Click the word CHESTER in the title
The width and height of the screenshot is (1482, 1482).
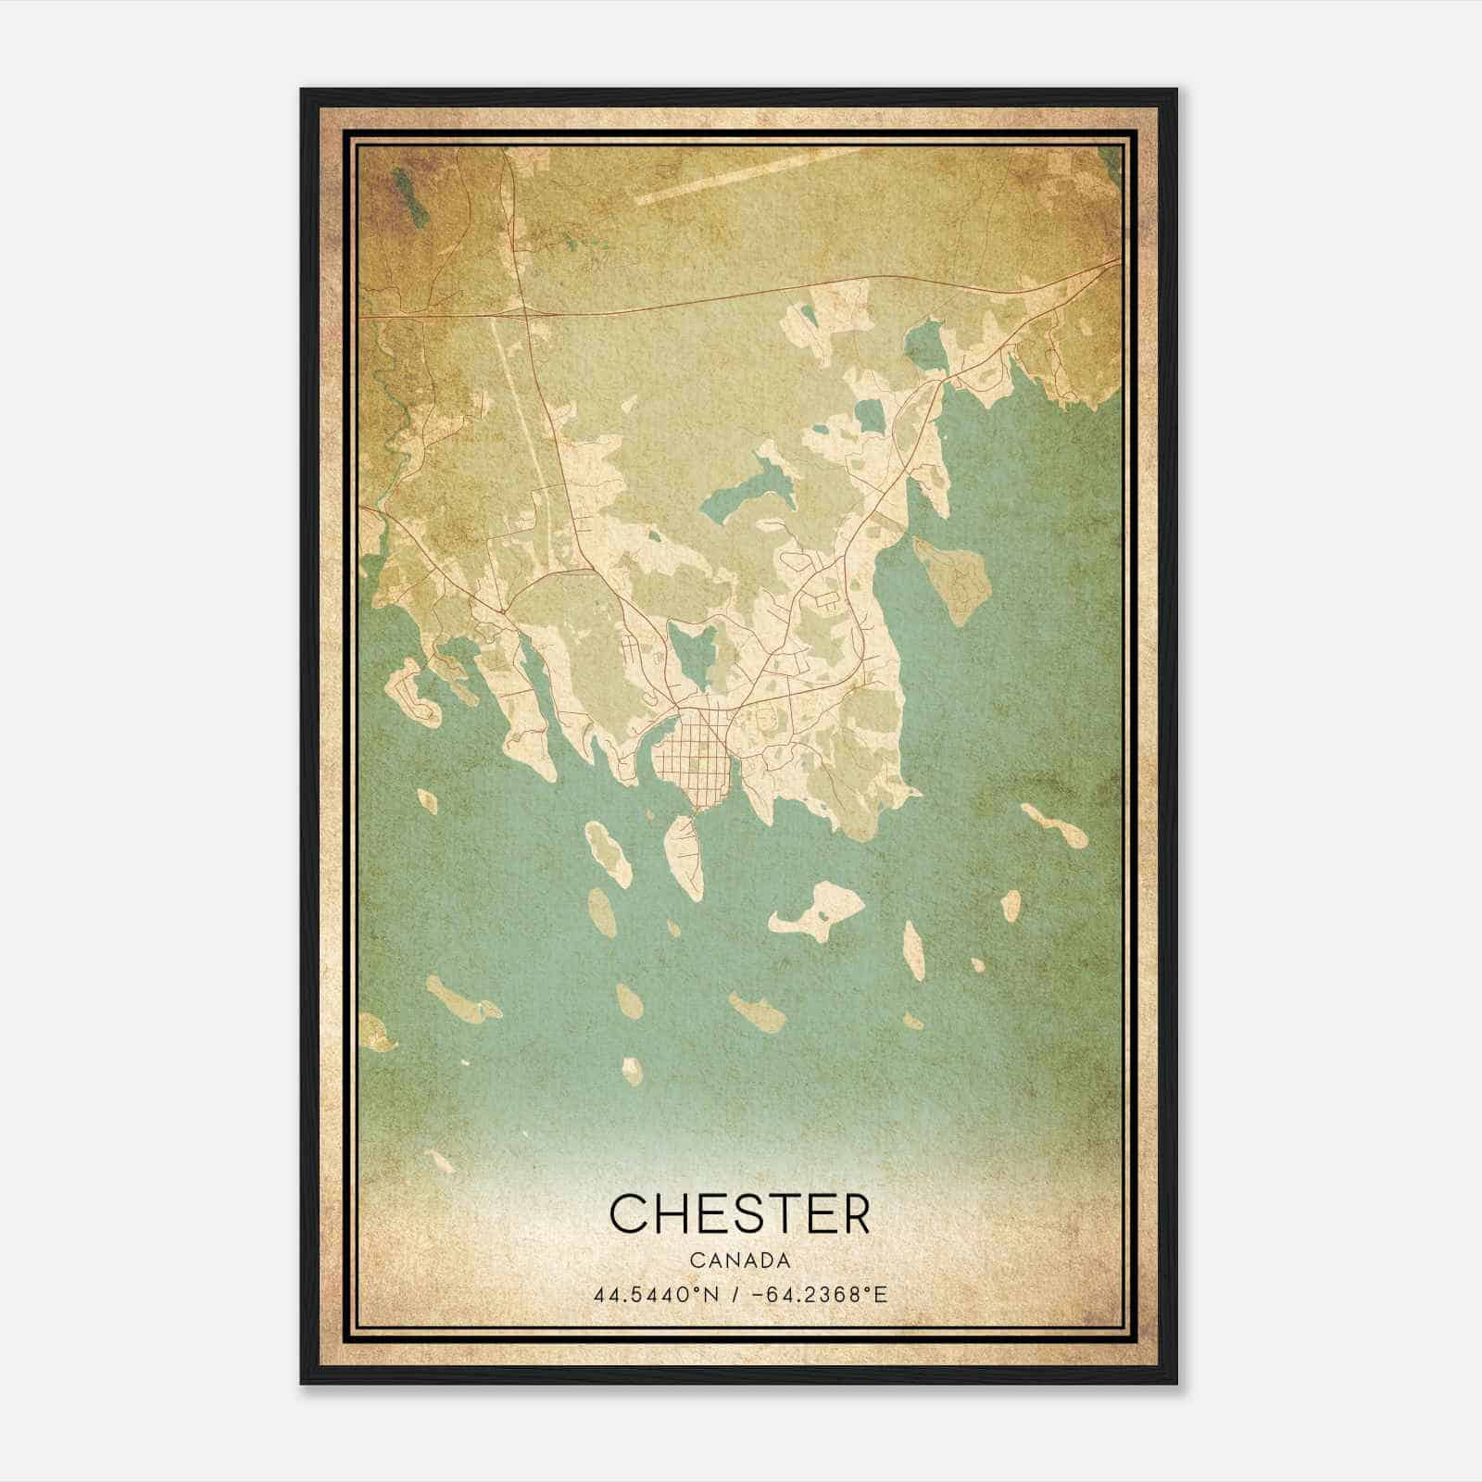[740, 1213]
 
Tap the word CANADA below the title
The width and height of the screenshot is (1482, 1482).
[740, 1261]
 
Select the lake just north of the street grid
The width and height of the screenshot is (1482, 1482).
[691, 653]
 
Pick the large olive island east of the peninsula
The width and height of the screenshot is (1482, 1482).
[953, 579]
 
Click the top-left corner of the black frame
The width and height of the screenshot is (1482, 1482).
[303, 91]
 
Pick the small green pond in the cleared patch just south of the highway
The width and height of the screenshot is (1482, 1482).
[810, 315]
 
